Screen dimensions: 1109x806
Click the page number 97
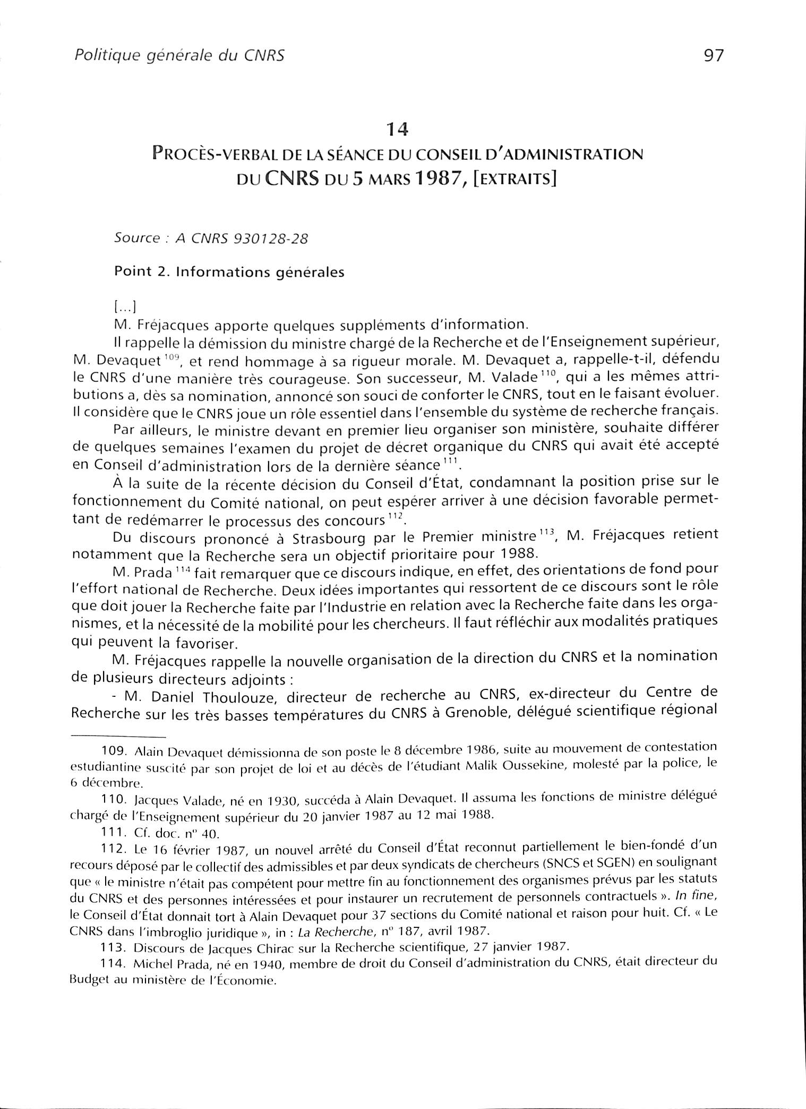pyautogui.click(x=713, y=55)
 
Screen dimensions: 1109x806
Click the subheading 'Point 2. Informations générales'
pyautogui.click(x=229, y=272)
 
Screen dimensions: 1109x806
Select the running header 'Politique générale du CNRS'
pyautogui.click(x=179, y=55)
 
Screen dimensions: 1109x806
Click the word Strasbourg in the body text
pyautogui.click(x=328, y=538)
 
